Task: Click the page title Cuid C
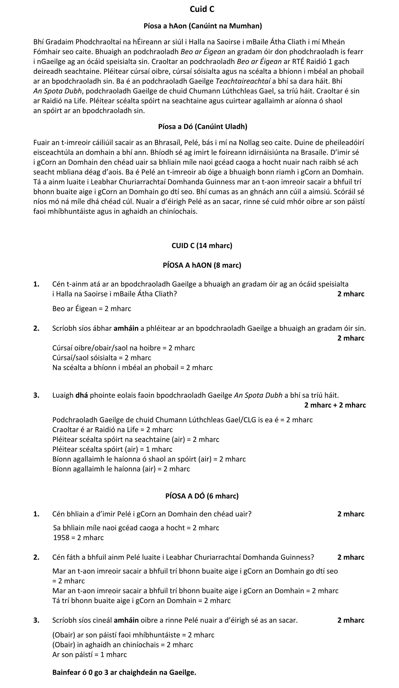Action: click(202, 9)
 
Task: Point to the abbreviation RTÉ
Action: click(299, 62)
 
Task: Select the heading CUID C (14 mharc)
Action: click(202, 246)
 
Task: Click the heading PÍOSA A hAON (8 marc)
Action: click(202, 265)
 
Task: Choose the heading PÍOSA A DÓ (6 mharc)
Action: click(202, 496)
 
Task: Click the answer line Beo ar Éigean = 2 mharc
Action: click(92, 309)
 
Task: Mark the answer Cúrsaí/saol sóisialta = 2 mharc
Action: click(102, 358)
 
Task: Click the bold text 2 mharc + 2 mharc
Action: click(335, 405)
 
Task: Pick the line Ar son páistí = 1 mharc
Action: click(90, 655)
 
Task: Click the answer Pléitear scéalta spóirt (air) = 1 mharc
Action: click(112, 449)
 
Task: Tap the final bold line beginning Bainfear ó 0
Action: click(124, 672)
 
